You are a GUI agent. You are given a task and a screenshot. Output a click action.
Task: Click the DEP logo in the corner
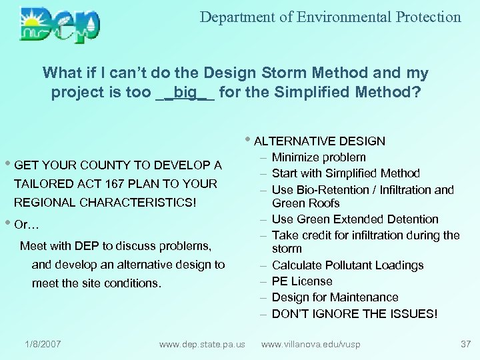click(x=60, y=25)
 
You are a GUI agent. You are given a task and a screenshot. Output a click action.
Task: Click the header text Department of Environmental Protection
click(x=330, y=17)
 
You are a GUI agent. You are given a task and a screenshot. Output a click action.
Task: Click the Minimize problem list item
click(x=319, y=157)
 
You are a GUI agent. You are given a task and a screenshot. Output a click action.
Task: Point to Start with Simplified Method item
click(x=345, y=173)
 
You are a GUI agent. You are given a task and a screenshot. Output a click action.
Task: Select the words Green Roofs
click(x=306, y=203)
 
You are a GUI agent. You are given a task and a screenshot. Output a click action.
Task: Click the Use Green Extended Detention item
click(x=355, y=219)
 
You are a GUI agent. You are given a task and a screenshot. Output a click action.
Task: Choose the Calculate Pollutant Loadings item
click(x=347, y=265)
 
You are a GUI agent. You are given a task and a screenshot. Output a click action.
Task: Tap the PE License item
click(x=302, y=281)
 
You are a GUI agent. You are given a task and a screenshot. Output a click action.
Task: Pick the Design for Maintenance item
click(x=335, y=297)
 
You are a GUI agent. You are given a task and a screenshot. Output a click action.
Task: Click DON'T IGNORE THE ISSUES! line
click(x=355, y=314)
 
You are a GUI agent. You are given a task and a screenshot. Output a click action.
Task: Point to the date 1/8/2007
click(x=43, y=344)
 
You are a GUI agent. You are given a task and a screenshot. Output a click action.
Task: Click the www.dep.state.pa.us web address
click(x=202, y=344)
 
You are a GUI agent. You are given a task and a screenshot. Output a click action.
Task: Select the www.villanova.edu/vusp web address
click(x=311, y=344)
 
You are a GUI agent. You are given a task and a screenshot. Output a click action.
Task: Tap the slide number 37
click(x=465, y=344)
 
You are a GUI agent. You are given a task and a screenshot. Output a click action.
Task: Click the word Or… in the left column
click(x=27, y=225)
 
